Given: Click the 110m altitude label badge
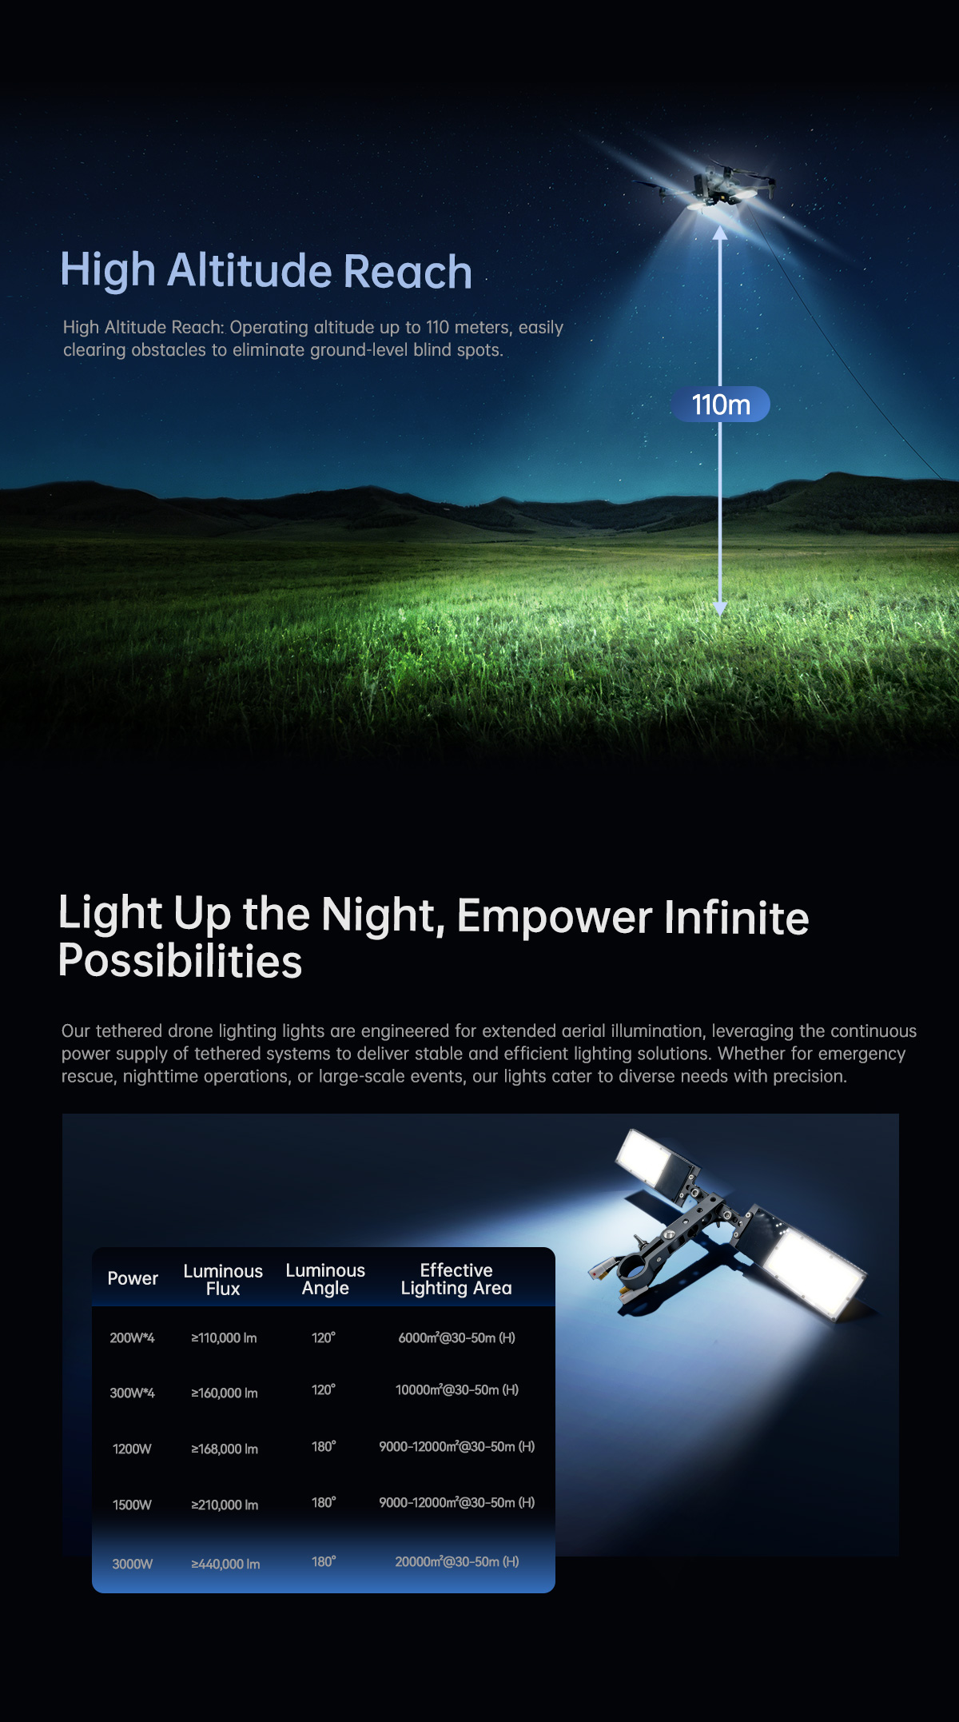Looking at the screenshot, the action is (720, 405).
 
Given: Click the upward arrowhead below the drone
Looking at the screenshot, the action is (720, 233).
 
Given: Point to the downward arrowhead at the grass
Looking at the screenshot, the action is (720, 608).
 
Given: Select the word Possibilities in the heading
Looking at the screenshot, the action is (180, 961).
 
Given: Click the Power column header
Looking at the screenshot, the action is (133, 1278).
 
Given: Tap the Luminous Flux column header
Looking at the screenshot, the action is (223, 1279).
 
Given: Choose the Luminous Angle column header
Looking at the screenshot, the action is (325, 1279).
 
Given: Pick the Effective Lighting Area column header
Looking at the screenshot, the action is (456, 1279).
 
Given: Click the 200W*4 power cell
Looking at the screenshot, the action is (132, 1337).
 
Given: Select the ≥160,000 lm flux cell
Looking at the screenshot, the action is (225, 1393).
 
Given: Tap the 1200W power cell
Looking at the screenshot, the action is (132, 1449).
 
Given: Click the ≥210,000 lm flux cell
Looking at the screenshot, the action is (225, 1505).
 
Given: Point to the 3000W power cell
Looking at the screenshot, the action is (132, 1564).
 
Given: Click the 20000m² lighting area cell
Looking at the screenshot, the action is (457, 1561).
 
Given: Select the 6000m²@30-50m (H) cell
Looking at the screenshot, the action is (457, 1337).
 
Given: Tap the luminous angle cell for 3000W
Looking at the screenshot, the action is (324, 1561).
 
